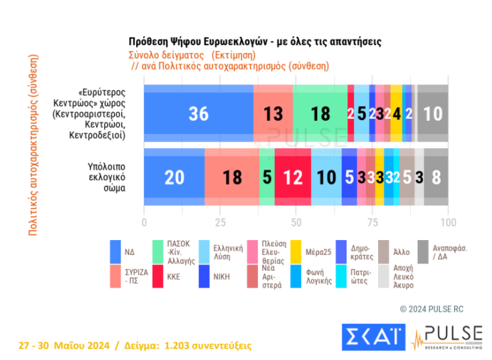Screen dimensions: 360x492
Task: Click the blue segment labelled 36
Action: [198, 113]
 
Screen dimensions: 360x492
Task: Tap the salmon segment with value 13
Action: [273, 113]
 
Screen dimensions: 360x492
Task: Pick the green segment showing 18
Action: [320, 113]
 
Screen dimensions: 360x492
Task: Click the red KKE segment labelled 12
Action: [292, 177]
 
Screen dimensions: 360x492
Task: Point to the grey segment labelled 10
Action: [433, 113]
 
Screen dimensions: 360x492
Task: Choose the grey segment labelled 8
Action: [436, 177]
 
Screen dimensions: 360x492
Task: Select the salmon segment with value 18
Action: [231, 177]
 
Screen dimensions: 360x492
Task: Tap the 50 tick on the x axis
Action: [296, 221]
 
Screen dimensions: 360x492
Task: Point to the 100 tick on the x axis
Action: [448, 221]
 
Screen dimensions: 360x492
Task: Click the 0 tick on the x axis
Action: [144, 221]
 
